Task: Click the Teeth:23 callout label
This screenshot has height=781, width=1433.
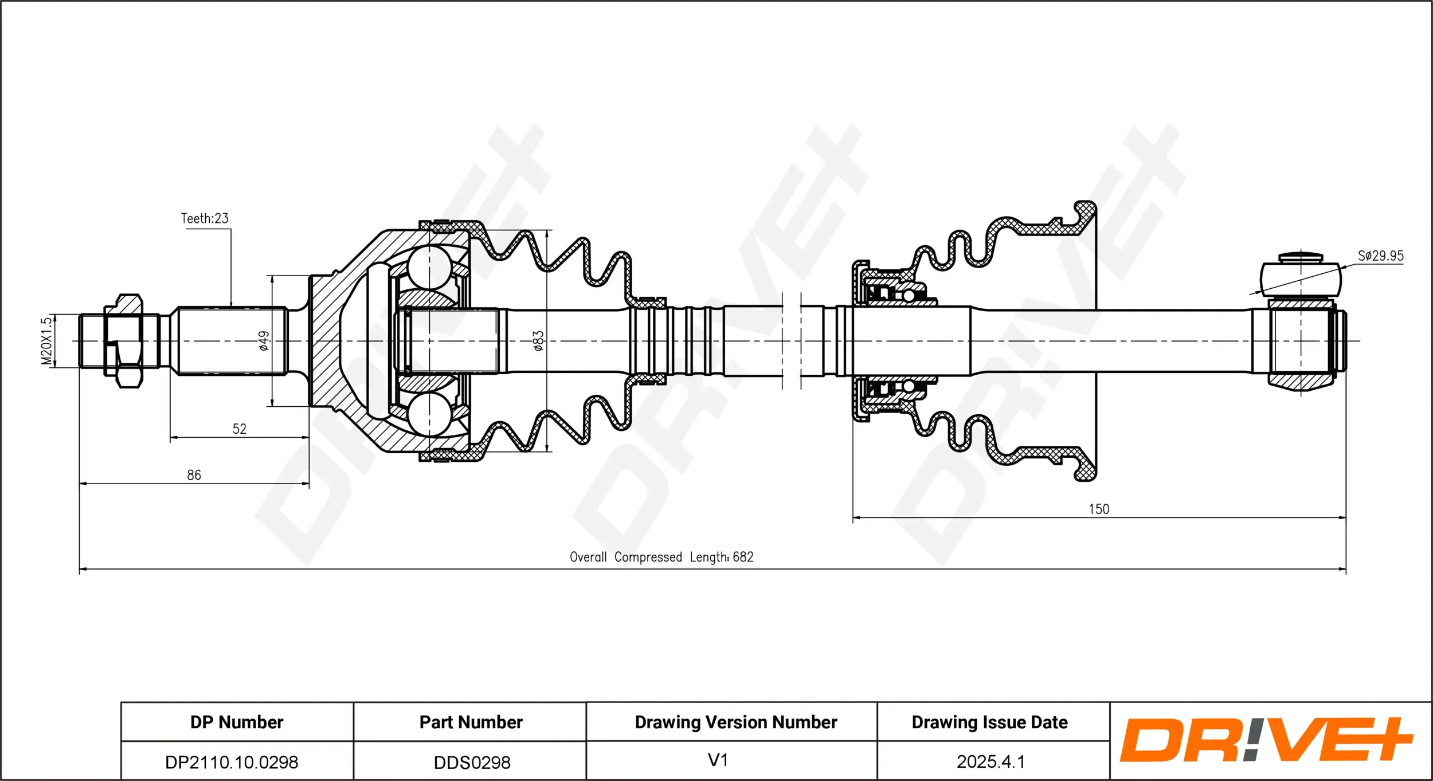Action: [205, 218]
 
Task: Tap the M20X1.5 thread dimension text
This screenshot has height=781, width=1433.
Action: [46, 341]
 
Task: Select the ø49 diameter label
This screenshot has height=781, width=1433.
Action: [264, 340]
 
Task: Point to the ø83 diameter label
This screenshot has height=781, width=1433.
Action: [538, 340]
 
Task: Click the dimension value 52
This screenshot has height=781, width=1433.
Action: [239, 429]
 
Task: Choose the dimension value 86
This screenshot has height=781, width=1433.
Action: [194, 475]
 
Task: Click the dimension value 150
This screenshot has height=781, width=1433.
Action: [1099, 509]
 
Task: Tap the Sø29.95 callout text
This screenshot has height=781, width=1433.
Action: [1380, 256]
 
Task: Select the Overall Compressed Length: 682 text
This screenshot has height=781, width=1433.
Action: [661, 557]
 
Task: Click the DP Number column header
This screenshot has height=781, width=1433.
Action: [237, 722]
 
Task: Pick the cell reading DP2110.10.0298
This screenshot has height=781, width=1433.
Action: [232, 762]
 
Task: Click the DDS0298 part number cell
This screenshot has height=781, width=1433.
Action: [472, 763]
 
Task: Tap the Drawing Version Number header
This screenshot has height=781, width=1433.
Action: [735, 722]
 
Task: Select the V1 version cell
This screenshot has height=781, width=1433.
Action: [718, 760]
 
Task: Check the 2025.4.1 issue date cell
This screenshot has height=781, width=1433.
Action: [990, 762]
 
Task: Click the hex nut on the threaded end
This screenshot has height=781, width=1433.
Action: [123, 341]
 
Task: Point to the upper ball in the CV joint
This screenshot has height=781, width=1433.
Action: [430, 267]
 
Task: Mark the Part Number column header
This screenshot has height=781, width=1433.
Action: [471, 722]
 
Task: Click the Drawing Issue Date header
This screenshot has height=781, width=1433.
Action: [989, 722]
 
